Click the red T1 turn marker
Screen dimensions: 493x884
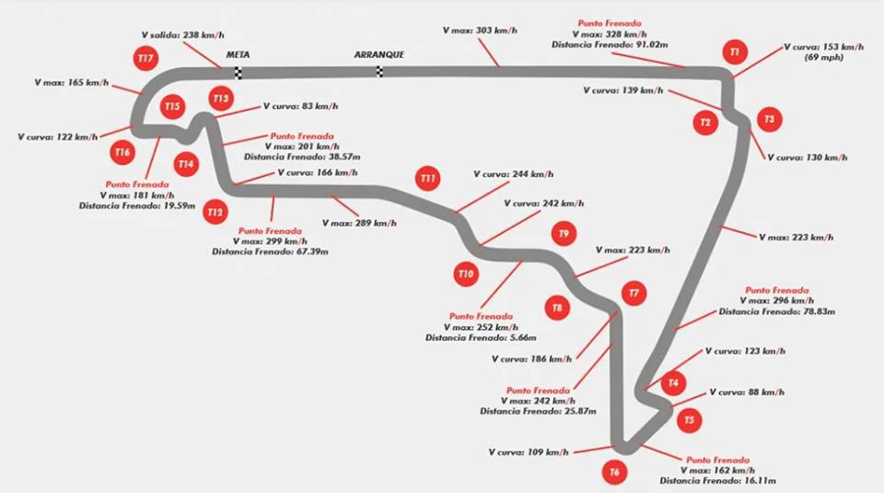click(x=733, y=53)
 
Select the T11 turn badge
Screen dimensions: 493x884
click(x=427, y=177)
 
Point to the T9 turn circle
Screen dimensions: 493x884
click(x=564, y=234)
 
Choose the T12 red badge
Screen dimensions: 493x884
click(x=215, y=212)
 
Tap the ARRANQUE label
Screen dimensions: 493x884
click(x=378, y=55)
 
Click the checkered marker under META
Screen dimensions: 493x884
click(x=238, y=73)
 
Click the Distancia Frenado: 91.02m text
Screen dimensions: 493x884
click(x=604, y=44)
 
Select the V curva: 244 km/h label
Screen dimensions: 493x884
click(x=513, y=173)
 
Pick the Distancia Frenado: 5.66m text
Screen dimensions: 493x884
click(x=474, y=338)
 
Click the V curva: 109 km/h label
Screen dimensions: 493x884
click(x=529, y=452)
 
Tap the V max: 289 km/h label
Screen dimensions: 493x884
click(x=359, y=223)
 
